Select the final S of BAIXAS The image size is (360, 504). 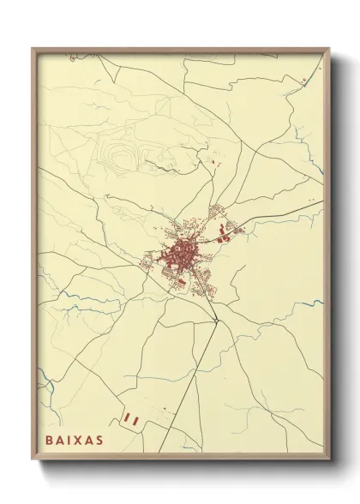(100, 440)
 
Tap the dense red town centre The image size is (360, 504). (181, 252)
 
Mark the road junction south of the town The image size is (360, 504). (218, 321)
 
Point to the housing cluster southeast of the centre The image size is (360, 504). (203, 279)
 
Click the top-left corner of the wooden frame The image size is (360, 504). (33, 49)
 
